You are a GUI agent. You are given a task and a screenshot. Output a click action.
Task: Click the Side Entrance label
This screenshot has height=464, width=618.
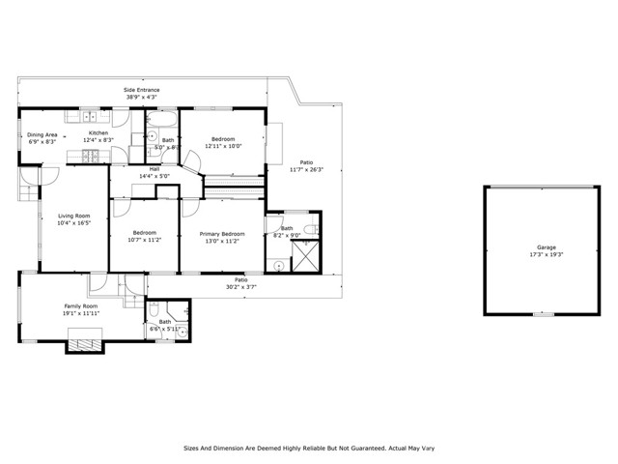(x=141, y=90)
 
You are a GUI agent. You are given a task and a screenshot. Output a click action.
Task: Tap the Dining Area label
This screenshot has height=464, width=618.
(x=42, y=134)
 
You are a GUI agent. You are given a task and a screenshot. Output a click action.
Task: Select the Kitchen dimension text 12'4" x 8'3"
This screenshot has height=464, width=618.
(x=98, y=140)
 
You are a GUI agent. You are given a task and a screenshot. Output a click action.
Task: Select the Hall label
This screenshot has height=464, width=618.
(x=154, y=169)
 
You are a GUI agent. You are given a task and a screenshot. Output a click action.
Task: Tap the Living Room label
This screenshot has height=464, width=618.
(x=73, y=216)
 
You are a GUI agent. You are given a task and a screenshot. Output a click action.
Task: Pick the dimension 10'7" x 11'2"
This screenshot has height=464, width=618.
(x=145, y=239)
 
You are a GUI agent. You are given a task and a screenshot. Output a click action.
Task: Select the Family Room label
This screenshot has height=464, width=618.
(x=81, y=306)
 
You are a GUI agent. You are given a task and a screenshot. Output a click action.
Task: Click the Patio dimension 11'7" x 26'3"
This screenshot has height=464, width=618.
(x=307, y=169)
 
